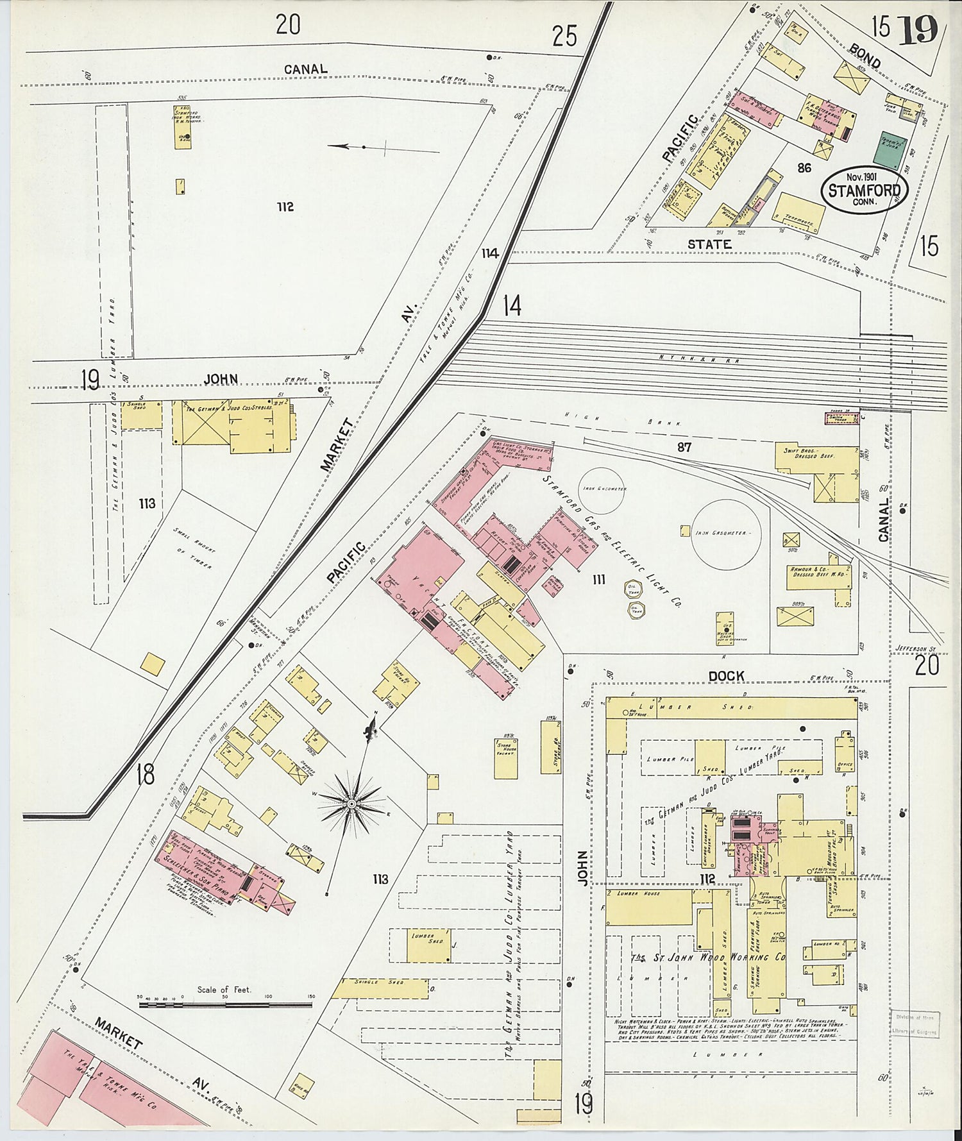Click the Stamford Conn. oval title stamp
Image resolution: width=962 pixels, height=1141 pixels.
pyautogui.click(x=861, y=190)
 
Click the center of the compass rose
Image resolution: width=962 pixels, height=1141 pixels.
pyautogui.click(x=351, y=802)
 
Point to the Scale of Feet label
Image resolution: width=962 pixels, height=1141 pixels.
pyautogui.click(x=224, y=989)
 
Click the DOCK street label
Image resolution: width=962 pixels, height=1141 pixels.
pyautogui.click(x=726, y=676)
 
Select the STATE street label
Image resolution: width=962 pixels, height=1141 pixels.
pyautogui.click(x=709, y=244)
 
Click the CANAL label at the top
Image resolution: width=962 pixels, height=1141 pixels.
pyautogui.click(x=305, y=69)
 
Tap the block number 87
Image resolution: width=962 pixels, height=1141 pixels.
pyautogui.click(x=684, y=447)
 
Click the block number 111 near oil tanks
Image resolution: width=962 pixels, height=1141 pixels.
pyautogui.click(x=598, y=580)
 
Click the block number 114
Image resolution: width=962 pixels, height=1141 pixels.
pyautogui.click(x=490, y=253)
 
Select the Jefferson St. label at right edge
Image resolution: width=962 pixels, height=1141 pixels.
pyautogui.click(x=916, y=650)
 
